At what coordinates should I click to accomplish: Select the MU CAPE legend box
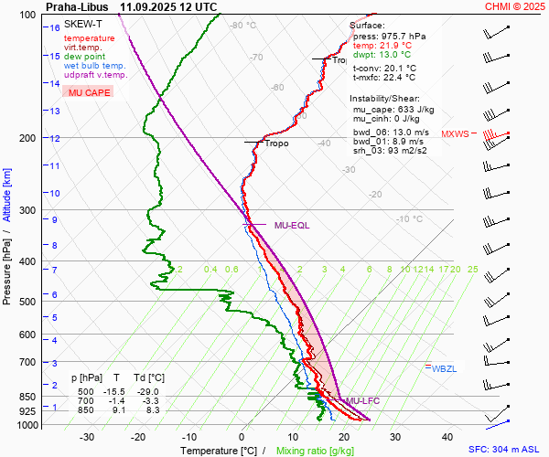[89, 93]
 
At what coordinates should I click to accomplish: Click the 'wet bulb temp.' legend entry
[95, 66]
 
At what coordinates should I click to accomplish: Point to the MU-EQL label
[293, 225]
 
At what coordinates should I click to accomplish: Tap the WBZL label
[444, 368]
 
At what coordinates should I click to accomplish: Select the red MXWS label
[456, 134]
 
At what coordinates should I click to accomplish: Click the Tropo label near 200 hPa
[276, 143]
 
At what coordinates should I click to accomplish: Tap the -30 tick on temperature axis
[88, 437]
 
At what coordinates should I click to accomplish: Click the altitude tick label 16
[55, 28]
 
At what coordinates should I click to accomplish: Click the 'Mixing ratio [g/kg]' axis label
[314, 451]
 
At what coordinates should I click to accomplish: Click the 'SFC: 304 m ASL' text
[508, 450]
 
